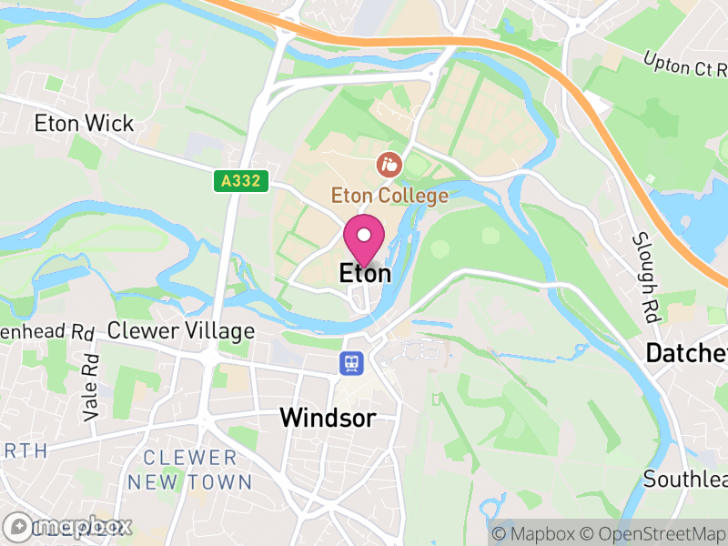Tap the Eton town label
point(365,273)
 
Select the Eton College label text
point(389,196)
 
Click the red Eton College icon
point(389,166)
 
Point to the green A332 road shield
point(243,182)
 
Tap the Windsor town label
point(328,418)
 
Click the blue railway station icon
point(350,364)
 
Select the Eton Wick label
point(84,124)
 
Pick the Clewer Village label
point(181,330)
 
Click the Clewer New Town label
point(189,470)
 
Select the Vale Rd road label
point(90,386)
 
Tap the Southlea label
point(685,479)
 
